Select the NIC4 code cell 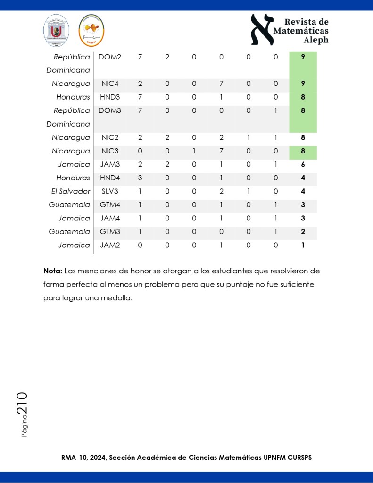point(109,84)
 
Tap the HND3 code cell point(110,97)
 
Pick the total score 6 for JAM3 point(303,165)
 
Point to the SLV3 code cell point(110,192)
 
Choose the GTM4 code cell point(110,205)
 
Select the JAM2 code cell point(110,246)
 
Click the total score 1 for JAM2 point(303,246)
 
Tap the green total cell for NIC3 point(303,152)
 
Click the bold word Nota point(52,271)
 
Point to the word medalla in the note point(118,298)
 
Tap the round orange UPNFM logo point(91,30)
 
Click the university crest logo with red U point(57,30)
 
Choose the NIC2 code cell point(109,138)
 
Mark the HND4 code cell point(110,178)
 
